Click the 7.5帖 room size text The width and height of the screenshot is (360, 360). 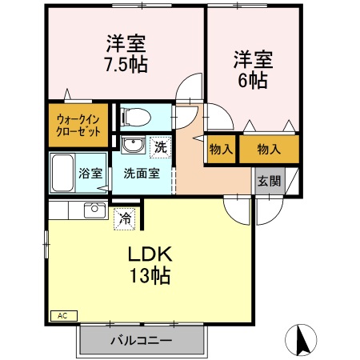coord(126,64)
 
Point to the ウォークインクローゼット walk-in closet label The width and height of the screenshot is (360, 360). coord(78,126)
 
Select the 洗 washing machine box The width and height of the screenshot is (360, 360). coord(161,147)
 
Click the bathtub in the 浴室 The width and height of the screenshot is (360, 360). coord(62,171)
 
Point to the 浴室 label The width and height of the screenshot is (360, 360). coord(89,172)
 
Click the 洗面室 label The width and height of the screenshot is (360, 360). coord(142,172)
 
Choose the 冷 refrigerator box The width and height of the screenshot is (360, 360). coord(125,216)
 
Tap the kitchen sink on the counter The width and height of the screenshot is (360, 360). coord(95,210)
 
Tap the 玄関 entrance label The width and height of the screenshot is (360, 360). coord(269,180)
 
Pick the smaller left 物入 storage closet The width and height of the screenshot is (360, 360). coord(221,150)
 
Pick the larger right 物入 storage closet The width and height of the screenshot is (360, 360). coord(269,150)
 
